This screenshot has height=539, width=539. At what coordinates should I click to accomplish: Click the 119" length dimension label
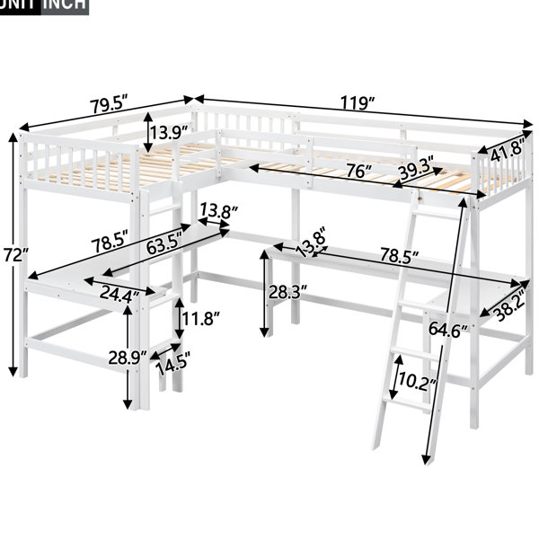[357, 103]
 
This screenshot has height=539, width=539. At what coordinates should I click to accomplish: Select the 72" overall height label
[14, 255]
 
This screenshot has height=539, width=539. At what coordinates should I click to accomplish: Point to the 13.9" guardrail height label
[170, 132]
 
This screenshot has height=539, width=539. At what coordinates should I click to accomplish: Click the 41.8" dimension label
[508, 150]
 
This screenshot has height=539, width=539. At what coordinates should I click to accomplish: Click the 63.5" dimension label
[163, 243]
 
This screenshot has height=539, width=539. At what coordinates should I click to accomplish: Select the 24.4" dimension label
[119, 294]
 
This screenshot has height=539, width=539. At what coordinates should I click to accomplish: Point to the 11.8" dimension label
[199, 319]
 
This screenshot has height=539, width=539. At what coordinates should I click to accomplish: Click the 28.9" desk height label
[128, 358]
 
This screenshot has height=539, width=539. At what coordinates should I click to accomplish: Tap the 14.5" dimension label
[172, 364]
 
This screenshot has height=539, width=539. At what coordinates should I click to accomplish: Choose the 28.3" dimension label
[288, 293]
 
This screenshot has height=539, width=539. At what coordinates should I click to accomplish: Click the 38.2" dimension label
[509, 305]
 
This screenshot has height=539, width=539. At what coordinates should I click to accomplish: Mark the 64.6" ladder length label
[447, 330]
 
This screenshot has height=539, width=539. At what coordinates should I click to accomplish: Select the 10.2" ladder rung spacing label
[417, 382]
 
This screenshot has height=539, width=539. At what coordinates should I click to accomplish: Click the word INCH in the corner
[65, 4]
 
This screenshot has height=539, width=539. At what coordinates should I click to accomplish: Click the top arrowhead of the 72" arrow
[13, 137]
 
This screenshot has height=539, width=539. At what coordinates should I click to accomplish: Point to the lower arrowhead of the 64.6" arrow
[427, 459]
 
